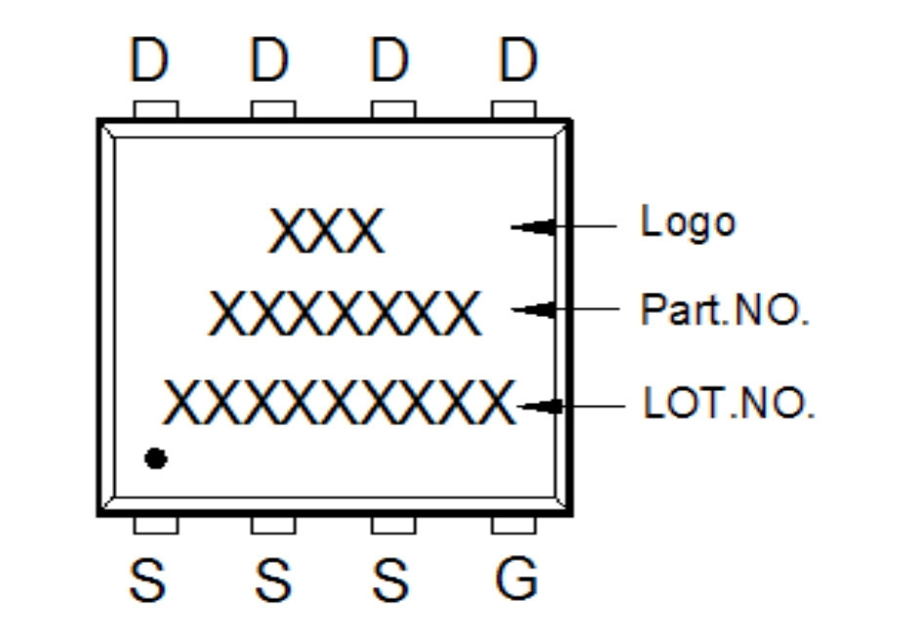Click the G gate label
tap(516, 578)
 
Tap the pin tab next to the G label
tap(513, 525)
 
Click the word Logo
tap(688, 222)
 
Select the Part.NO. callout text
tap(725, 309)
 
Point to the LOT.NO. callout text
tap(729, 403)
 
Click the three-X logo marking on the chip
tap(327, 230)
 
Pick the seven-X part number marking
tap(345, 313)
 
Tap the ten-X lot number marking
tap(339, 402)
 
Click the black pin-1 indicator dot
tap(156, 458)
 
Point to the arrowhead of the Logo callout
tap(533, 226)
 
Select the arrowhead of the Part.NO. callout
tap(533, 309)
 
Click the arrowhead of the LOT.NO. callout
tap(539, 406)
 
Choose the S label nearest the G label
tap(390, 579)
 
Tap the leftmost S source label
tap(147, 579)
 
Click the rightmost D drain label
tap(518, 59)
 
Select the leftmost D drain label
tap(148, 59)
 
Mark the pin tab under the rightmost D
tap(513, 109)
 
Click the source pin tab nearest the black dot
tap(156, 525)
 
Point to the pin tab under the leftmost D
tap(156, 109)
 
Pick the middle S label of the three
tap(273, 579)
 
